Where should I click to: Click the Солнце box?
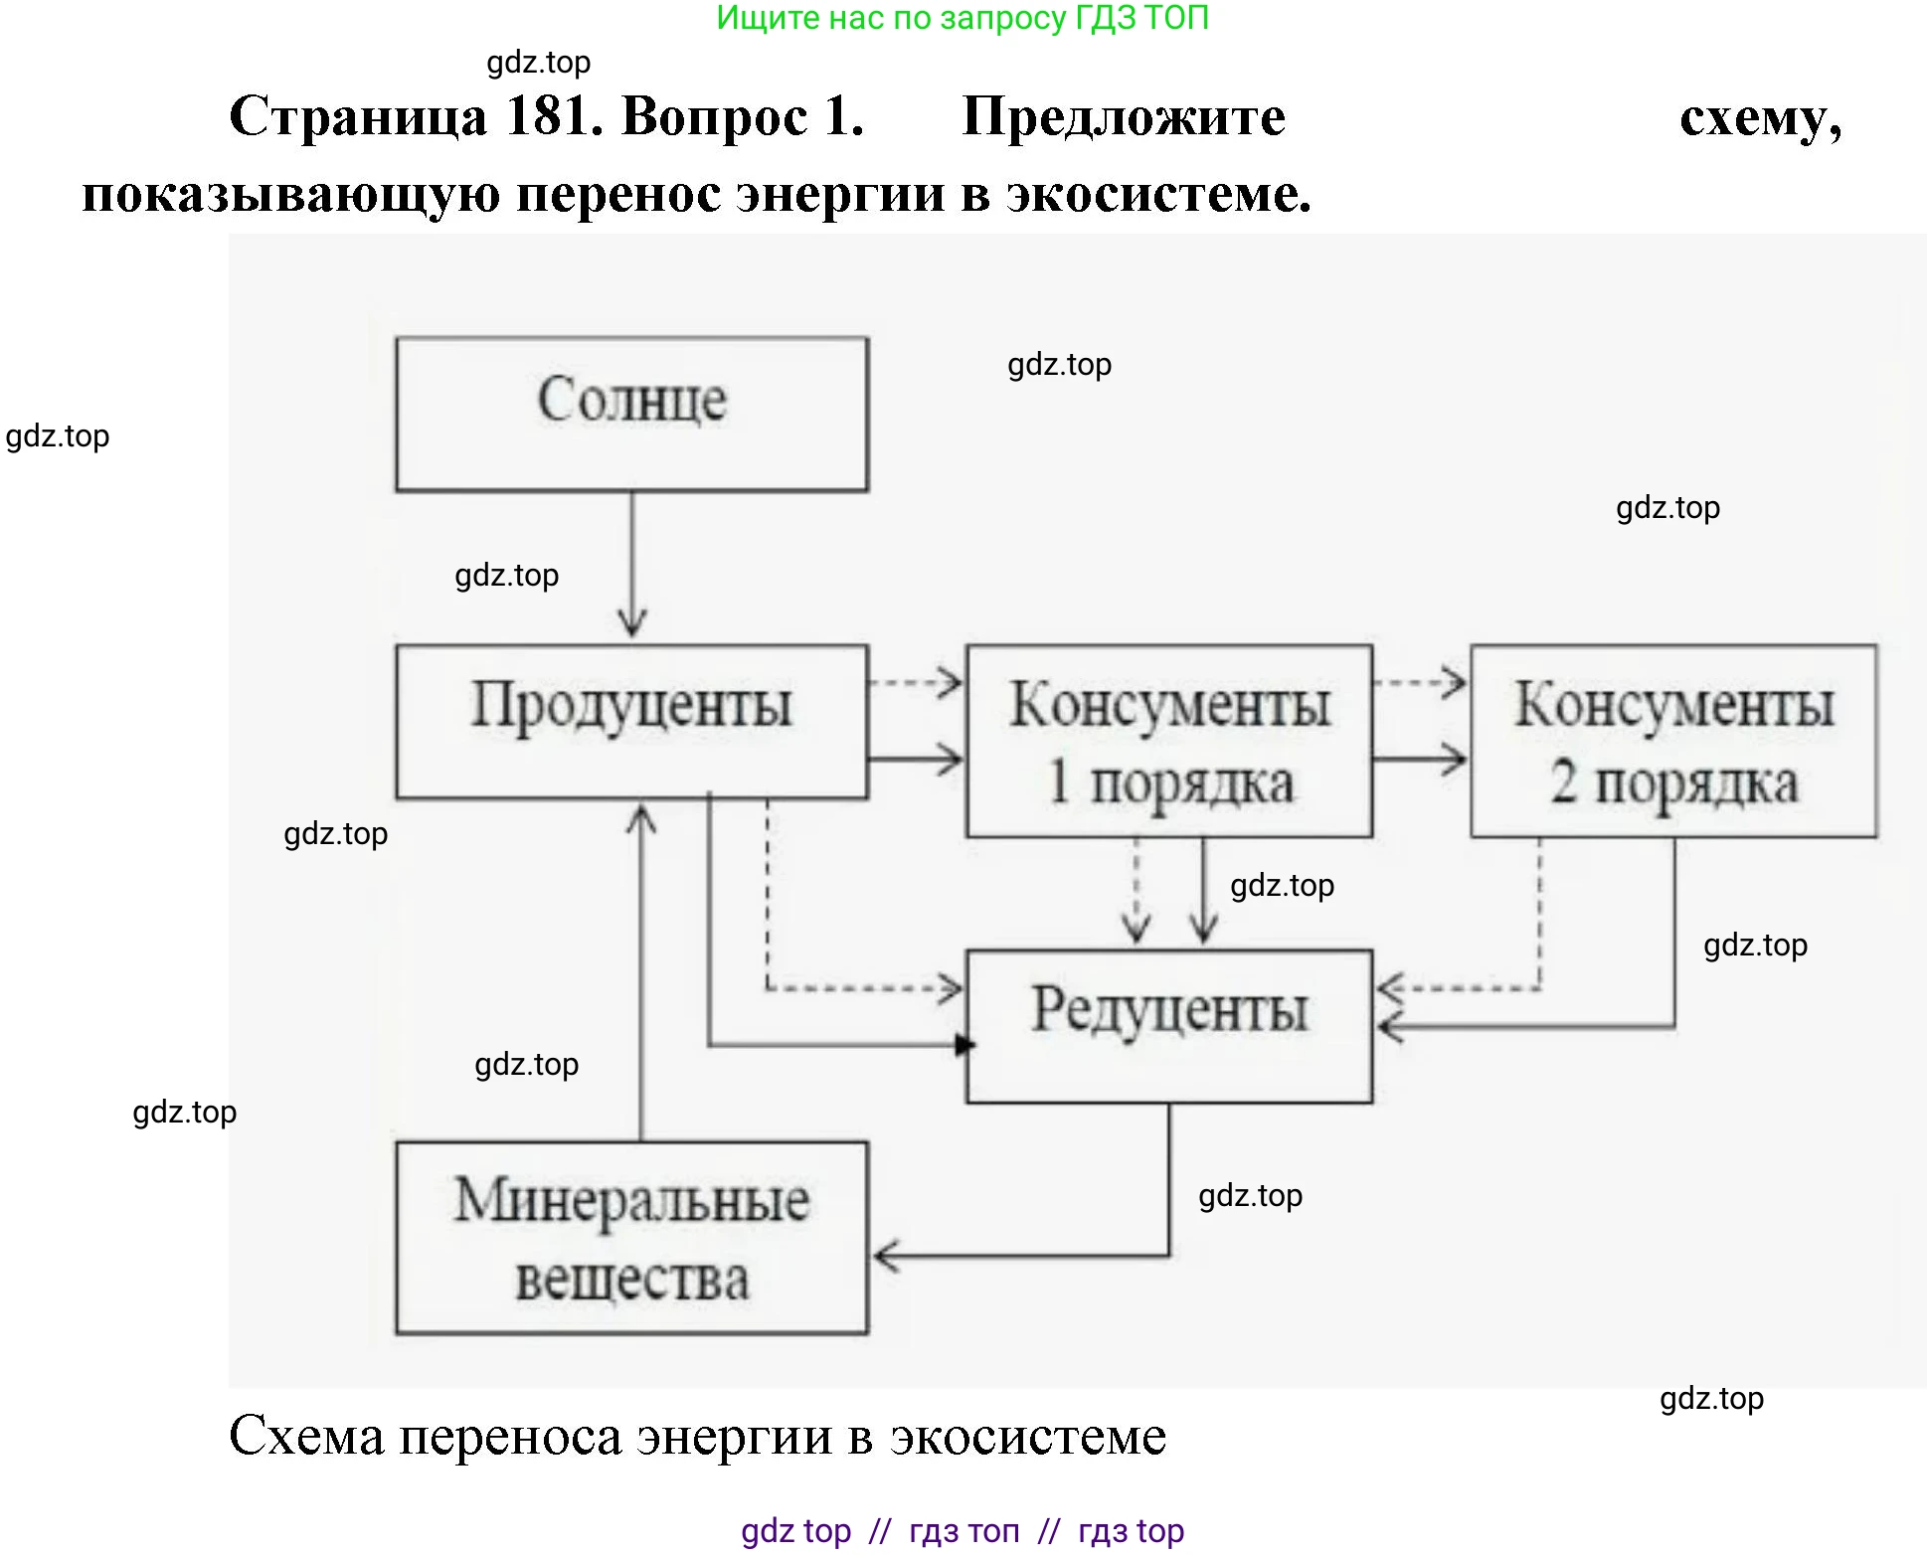[x=631, y=414]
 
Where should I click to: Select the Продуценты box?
[x=631, y=721]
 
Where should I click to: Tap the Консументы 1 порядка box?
[x=1168, y=741]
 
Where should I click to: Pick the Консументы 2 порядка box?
[x=1673, y=741]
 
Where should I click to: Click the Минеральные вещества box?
[x=631, y=1237]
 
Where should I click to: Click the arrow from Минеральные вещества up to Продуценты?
[x=641, y=974]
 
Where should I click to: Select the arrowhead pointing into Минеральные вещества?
[x=885, y=1256]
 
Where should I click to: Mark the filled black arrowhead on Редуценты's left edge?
[x=963, y=1045]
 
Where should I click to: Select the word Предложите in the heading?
[x=1124, y=116]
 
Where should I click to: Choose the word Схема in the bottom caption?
[x=306, y=1437]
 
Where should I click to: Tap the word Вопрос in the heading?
[x=714, y=116]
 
